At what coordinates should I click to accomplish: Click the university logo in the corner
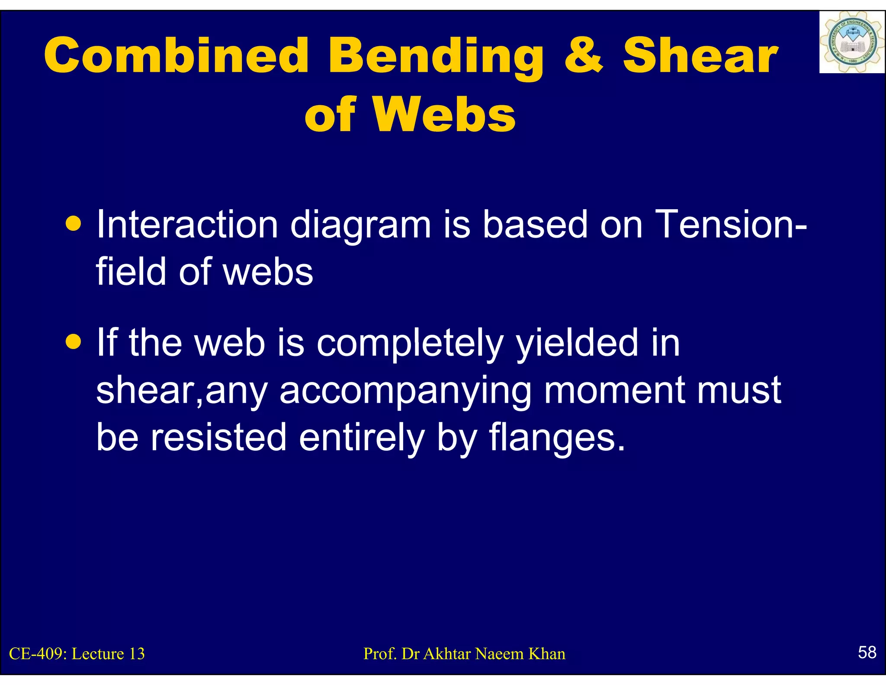(x=851, y=42)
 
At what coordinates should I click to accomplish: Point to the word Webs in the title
(x=444, y=114)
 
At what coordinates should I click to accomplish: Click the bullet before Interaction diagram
(x=74, y=224)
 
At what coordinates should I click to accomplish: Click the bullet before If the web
(x=74, y=342)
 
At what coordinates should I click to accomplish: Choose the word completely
(x=410, y=343)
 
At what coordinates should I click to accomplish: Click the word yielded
(x=577, y=343)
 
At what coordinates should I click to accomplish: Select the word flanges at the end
(x=557, y=438)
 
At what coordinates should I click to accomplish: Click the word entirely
(x=362, y=438)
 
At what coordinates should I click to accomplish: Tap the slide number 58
(x=867, y=652)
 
